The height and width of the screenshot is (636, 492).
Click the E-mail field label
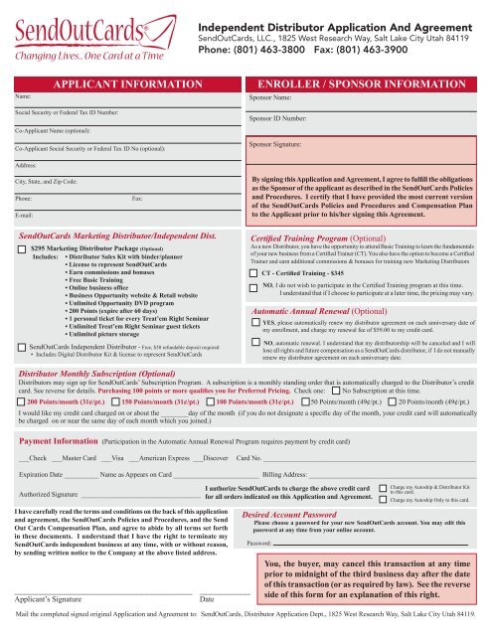27,215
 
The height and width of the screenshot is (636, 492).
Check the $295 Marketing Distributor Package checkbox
22,247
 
